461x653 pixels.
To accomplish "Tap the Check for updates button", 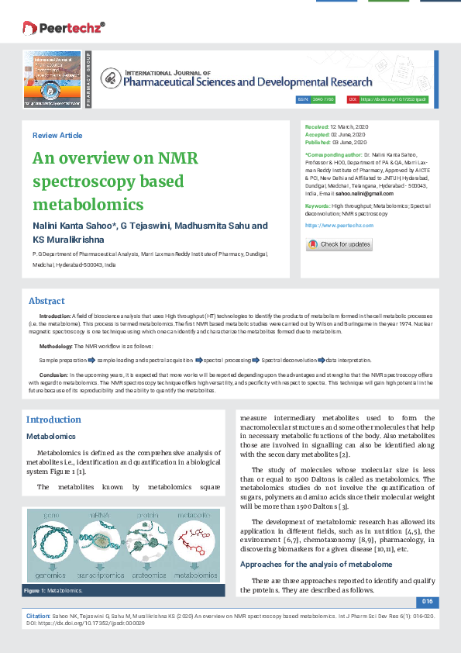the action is pos(339,244).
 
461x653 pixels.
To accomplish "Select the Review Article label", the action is pos(57,136).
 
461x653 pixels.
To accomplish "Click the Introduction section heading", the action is pos(53,420).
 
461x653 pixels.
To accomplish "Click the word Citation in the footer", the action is pos(39,613).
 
